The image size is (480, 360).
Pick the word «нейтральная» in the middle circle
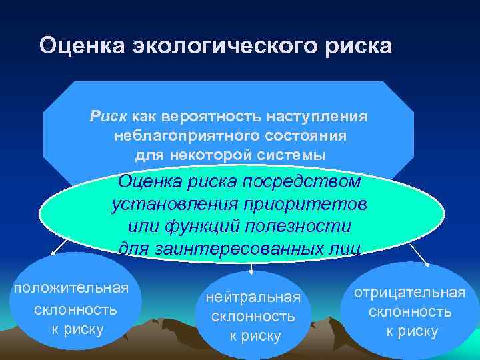[253, 296]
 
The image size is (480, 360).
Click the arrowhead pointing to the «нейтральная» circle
[251, 269]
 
